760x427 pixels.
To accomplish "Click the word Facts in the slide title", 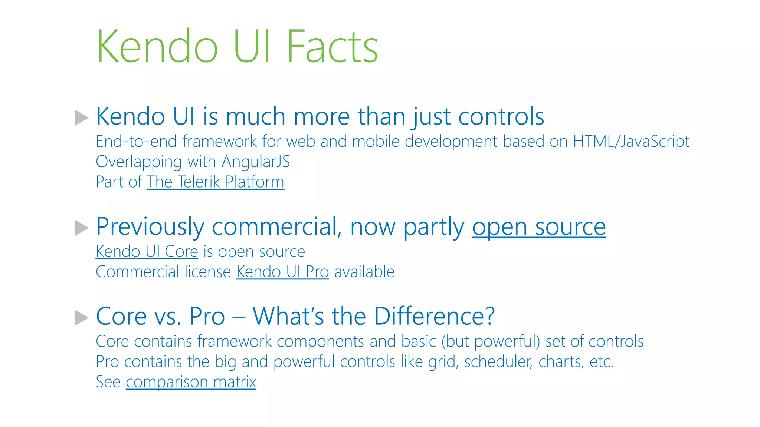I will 332,47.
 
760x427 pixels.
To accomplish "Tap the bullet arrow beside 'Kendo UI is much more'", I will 82,117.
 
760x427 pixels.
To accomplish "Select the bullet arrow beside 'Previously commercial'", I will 82,228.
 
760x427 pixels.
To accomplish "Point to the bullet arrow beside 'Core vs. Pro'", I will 82,318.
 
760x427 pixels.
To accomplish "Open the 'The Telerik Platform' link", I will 215,182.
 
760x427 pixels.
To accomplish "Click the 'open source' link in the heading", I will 539,226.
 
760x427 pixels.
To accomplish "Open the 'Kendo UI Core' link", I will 147,252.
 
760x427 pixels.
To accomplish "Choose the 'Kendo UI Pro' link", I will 282,272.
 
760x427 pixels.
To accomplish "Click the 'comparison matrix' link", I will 191,382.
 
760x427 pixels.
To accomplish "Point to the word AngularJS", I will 256,162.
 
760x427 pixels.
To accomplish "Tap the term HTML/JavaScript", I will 631,142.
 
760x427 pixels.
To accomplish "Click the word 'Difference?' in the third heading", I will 434,316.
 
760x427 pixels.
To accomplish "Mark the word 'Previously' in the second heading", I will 150,226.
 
